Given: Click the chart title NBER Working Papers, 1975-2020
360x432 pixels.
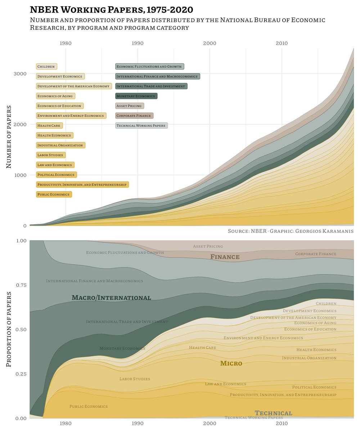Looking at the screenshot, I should [111, 9].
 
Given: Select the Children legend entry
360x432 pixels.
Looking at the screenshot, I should [46, 67].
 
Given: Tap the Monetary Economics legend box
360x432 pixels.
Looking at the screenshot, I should [136, 96].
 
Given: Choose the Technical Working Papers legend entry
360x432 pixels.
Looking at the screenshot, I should [141, 126].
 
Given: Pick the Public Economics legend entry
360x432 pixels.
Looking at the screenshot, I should [54, 194].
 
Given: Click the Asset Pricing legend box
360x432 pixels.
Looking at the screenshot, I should [129, 106].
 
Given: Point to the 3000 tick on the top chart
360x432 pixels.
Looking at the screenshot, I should [20, 74].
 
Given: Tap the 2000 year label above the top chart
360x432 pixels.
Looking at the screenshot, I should [210, 44].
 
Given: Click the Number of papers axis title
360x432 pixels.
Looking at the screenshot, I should [9, 137].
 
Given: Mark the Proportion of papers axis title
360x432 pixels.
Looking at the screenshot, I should [9, 329].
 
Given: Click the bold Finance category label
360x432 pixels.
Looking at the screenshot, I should [225, 257].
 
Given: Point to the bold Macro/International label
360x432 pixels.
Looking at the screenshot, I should [111, 298].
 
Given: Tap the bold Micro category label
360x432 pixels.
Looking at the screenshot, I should [231, 364].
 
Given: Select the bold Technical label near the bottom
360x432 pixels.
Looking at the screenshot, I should [273, 413].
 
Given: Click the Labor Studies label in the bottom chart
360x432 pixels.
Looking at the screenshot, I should [135, 379].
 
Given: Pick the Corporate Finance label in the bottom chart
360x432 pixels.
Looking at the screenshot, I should [316, 254].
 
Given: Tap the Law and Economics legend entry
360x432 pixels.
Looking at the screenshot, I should [55, 165].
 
